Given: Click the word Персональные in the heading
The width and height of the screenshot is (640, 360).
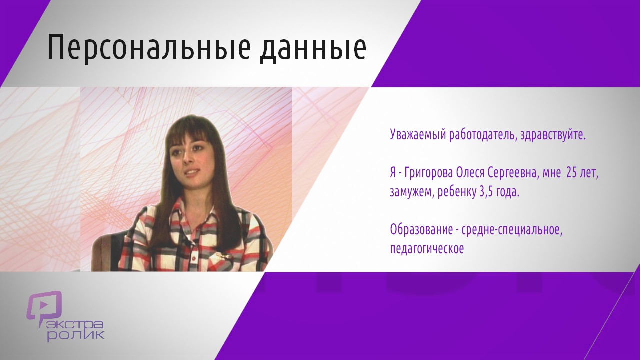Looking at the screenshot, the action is (149, 47).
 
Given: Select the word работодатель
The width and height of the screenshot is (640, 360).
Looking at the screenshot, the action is (483, 135).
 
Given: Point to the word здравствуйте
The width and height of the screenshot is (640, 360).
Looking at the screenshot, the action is (553, 135).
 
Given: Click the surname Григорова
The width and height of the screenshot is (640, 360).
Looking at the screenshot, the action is (429, 173).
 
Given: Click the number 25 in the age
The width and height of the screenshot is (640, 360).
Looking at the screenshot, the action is (572, 173).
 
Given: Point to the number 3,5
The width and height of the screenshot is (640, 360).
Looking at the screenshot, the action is (484, 192).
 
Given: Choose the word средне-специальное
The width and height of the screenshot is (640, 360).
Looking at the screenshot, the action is (512, 230).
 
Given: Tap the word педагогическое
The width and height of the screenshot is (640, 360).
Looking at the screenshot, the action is (427, 249).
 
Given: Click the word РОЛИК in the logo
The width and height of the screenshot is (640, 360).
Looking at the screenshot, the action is (75, 336).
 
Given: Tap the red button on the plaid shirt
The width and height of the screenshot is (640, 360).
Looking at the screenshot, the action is (194, 258).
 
